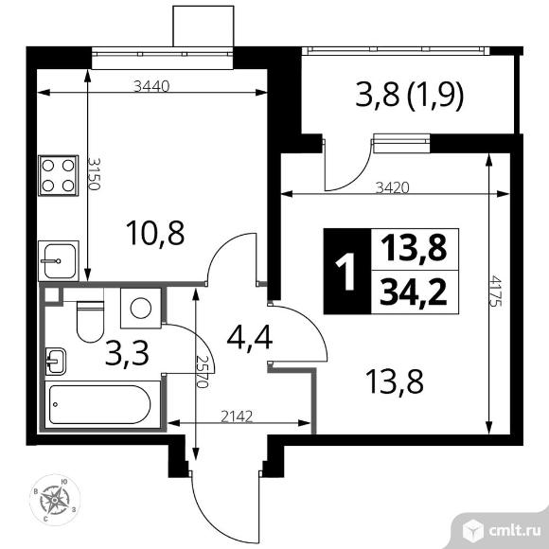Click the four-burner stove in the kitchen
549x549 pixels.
pos(58,175)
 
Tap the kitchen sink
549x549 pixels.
pos(58,260)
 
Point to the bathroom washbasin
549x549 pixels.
pos(55,361)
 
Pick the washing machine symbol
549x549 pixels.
pos(141,309)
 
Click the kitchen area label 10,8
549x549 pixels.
pos(155,233)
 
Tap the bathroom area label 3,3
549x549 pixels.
pos(127,353)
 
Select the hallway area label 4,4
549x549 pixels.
pos(249,338)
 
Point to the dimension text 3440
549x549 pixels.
pos(151,86)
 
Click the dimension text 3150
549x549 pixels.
pos(94,173)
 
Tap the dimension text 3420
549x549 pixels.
pos(392,188)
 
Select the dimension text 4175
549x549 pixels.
pos(496,292)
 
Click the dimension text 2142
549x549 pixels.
pos(237,416)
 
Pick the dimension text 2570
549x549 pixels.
pos(203,372)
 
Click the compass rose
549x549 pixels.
pos(55,500)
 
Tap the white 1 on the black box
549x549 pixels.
pos(346,272)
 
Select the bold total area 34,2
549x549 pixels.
pos(414,293)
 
